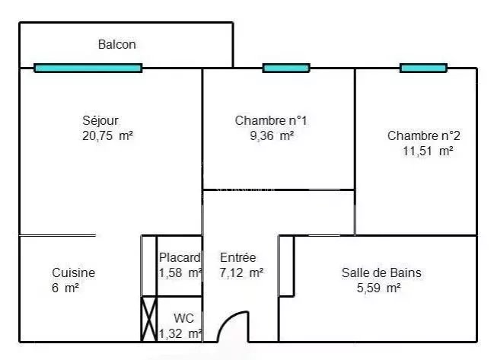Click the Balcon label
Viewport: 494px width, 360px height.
[x=117, y=44]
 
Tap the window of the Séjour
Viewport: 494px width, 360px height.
[x=88, y=68]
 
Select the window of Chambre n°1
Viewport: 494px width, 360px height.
[x=286, y=68]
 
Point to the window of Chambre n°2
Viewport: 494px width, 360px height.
[x=423, y=68]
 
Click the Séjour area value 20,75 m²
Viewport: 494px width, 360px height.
[x=107, y=136]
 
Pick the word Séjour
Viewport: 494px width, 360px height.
[x=100, y=120]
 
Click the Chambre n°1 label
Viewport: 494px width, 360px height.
[x=271, y=120]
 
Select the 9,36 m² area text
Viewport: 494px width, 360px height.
[x=272, y=136]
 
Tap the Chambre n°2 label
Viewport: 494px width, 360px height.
[x=423, y=135]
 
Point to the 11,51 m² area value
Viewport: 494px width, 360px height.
[x=428, y=151]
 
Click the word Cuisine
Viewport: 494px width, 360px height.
[x=73, y=272]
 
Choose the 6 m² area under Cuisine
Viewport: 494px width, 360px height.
[x=65, y=288]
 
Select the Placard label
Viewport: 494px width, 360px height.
[x=180, y=258]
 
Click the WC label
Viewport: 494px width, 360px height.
[x=183, y=318]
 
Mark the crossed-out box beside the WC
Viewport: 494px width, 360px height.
[x=148, y=319]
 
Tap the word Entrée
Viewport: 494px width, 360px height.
[x=237, y=258]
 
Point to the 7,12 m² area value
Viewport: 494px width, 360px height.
[x=241, y=272]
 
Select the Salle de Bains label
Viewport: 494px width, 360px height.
[x=381, y=272]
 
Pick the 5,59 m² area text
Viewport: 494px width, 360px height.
[x=379, y=288]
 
